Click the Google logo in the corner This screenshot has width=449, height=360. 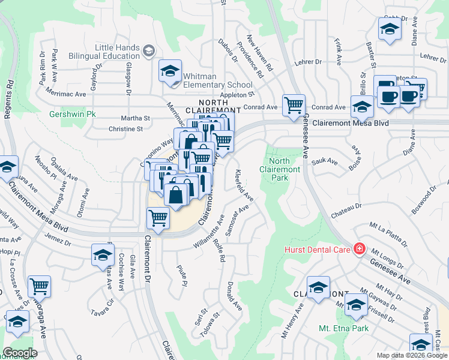click(x=20, y=352)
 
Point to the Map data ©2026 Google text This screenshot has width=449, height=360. click(x=412, y=355)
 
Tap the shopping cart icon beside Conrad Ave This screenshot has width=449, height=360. click(x=294, y=106)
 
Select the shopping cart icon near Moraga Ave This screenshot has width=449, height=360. click(x=39, y=286)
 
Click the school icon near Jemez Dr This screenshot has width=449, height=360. click(x=103, y=255)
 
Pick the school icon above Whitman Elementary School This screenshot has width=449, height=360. click(x=170, y=71)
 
